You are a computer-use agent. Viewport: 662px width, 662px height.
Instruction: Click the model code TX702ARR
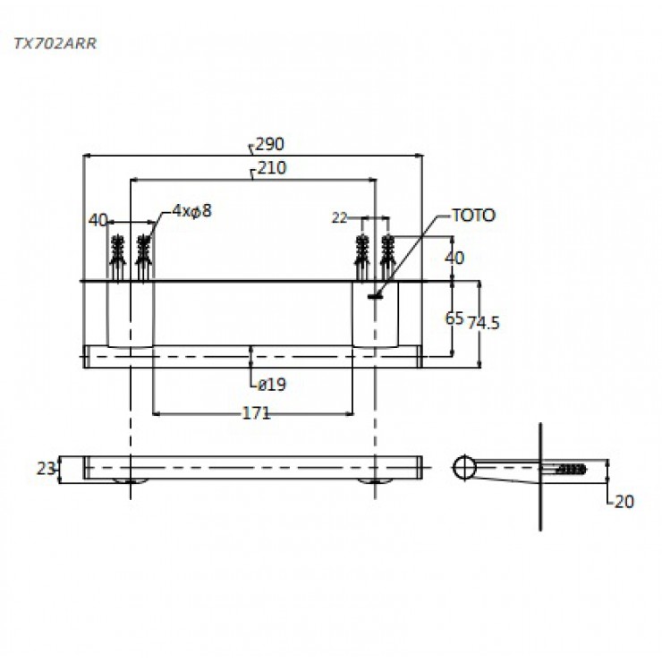tap(55, 44)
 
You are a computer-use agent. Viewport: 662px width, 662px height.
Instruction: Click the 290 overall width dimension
tap(270, 144)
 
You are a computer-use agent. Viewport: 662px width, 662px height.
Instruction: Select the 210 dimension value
tap(272, 168)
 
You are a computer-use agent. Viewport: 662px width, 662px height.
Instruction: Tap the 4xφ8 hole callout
tap(191, 210)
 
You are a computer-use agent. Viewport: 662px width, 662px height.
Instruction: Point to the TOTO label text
tap(474, 216)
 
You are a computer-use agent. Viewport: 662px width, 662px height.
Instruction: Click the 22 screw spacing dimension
tap(339, 218)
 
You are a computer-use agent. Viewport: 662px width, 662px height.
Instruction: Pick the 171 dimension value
tap(256, 413)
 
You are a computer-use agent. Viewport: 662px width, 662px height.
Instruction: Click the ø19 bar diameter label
tap(271, 385)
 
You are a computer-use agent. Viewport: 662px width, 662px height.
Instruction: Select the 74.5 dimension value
tap(483, 323)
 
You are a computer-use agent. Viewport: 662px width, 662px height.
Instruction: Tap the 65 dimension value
tap(454, 318)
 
